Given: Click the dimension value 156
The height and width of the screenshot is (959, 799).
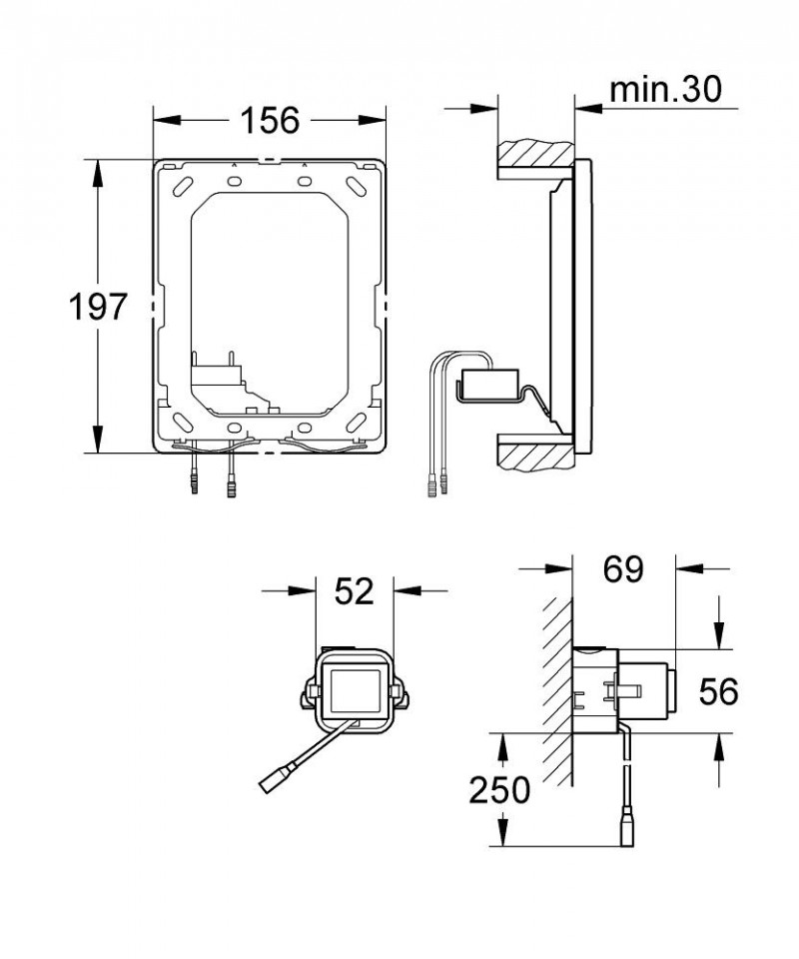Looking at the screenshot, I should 270,120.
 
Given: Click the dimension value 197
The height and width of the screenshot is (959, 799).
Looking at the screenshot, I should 100,307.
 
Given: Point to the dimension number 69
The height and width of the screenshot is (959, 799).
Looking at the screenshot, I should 622,570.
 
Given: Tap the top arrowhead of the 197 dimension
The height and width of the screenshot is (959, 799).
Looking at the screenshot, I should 98,172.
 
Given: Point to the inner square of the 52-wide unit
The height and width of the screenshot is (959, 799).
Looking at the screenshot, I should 354,690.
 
